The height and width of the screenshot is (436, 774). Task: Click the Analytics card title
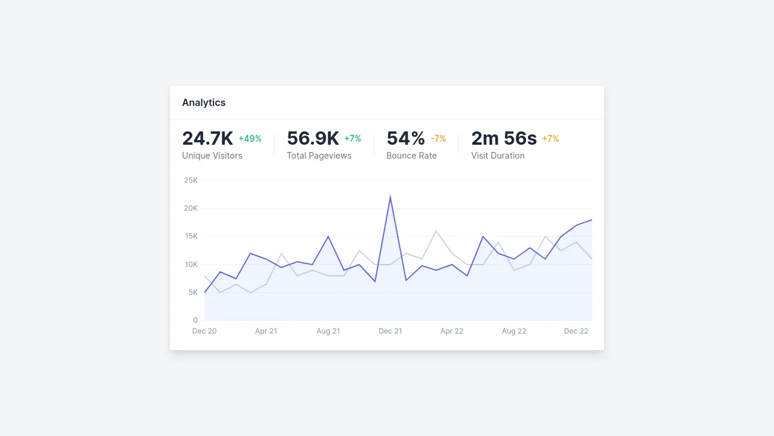pyautogui.click(x=204, y=102)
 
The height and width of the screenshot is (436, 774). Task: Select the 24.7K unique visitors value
pyautogui.click(x=207, y=139)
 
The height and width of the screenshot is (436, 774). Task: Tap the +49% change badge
pyautogui.click(x=250, y=139)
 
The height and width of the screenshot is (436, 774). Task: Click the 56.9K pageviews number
pyautogui.click(x=313, y=139)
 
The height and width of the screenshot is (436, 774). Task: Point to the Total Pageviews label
pyautogui.click(x=319, y=156)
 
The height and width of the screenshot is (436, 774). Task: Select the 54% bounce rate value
pyautogui.click(x=405, y=139)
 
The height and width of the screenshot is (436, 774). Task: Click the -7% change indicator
pyautogui.click(x=438, y=139)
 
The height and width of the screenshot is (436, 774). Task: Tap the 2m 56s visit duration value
pyautogui.click(x=504, y=139)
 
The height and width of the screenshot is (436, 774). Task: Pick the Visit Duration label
pyautogui.click(x=498, y=156)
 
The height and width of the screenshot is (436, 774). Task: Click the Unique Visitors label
pyautogui.click(x=212, y=156)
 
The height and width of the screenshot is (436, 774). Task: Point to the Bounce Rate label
pyautogui.click(x=411, y=156)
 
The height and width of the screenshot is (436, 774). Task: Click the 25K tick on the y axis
pyautogui.click(x=191, y=180)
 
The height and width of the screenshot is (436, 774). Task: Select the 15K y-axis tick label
pyautogui.click(x=191, y=236)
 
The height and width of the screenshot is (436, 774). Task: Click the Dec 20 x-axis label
pyautogui.click(x=204, y=331)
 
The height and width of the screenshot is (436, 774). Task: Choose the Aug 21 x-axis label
pyautogui.click(x=328, y=331)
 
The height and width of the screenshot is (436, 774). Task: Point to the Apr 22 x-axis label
pyautogui.click(x=452, y=331)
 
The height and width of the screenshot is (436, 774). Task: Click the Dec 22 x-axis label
pyautogui.click(x=576, y=331)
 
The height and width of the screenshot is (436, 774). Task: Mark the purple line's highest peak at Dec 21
pyautogui.click(x=390, y=197)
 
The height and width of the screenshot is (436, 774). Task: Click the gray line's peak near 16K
pyautogui.click(x=436, y=231)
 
